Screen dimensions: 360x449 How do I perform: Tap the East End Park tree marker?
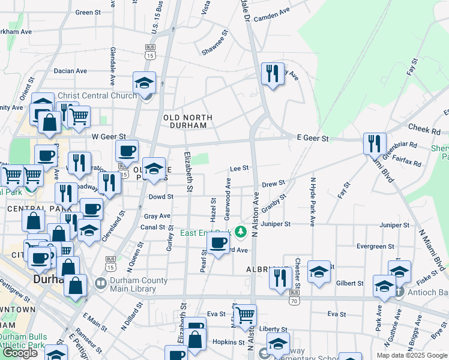pyautogui.click(x=241, y=231)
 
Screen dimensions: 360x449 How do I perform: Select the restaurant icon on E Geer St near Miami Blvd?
pyautogui.click(x=374, y=143)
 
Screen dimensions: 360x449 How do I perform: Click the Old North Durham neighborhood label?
pyautogui.click(x=185, y=121)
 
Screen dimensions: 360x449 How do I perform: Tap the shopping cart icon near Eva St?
pyautogui.click(x=245, y=314)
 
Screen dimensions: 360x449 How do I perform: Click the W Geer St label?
pyautogui.click(x=108, y=137)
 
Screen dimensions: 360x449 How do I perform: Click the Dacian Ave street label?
pyautogui.click(x=70, y=71)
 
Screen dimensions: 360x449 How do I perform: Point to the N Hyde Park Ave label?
pyautogui.click(x=312, y=201)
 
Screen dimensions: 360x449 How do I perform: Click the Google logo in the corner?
pyautogui.click(x=20, y=353)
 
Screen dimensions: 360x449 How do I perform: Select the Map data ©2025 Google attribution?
pyautogui.click(x=412, y=355)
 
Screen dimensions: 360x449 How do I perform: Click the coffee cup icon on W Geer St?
pyautogui.click(x=127, y=151)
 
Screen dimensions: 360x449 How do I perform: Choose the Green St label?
pyautogui.click(x=88, y=12)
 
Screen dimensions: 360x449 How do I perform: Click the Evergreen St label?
pyautogui.click(x=375, y=246)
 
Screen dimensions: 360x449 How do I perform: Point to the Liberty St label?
pyautogui.click(x=273, y=329)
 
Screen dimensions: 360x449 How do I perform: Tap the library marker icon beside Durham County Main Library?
pyautogui.click(x=100, y=283)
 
